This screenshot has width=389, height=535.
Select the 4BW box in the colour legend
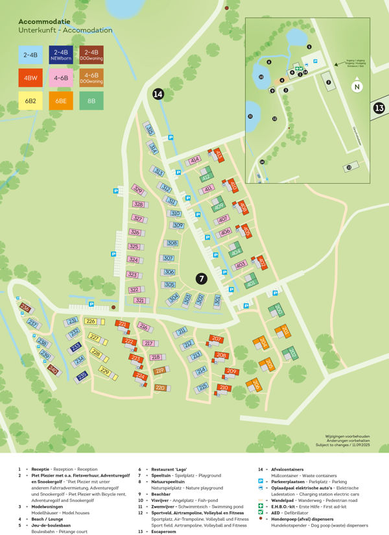pos(30,77)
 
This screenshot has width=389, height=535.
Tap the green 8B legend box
pos(91,101)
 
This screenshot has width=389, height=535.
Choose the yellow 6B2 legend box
pos(30,101)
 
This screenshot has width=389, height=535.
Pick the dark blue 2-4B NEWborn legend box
pos(61,54)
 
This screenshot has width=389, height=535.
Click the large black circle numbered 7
pos(202,279)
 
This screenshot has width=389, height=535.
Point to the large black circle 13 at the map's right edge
pos(380,108)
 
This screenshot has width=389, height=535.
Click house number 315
pos(150,130)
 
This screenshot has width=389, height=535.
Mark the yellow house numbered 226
pos(91,321)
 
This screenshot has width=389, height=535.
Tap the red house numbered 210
pos(224,388)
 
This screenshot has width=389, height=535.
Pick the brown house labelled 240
pos(53,370)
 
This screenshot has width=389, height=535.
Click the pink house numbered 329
pos(137,190)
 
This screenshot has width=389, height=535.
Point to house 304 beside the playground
pos(173,298)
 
